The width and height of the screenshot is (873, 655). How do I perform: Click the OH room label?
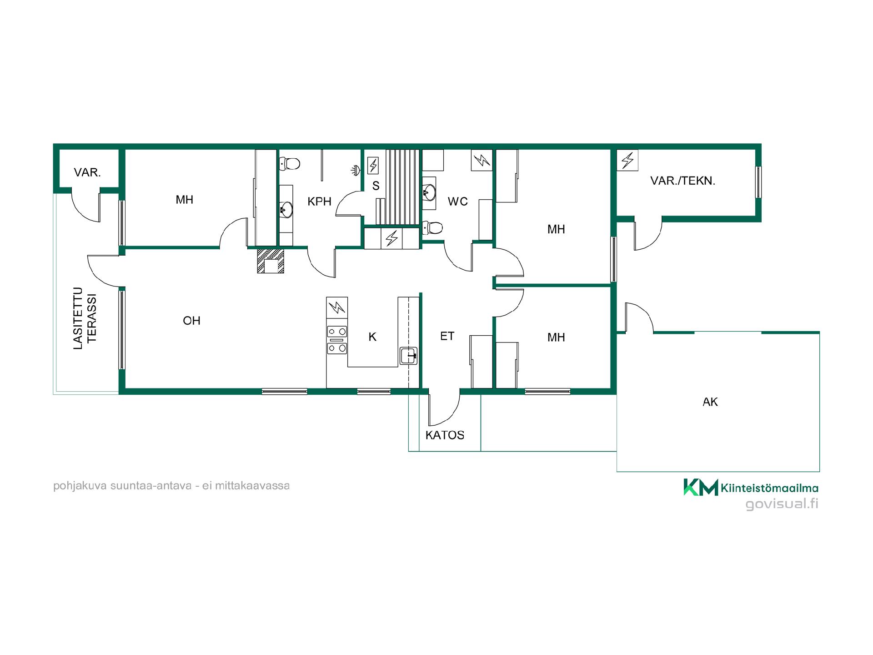(191, 321)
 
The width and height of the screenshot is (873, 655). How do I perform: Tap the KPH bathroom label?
(319, 202)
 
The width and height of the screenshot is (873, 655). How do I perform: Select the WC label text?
(457, 202)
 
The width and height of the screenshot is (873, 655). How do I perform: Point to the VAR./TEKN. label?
(682, 181)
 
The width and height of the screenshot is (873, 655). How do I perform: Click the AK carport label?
(710, 402)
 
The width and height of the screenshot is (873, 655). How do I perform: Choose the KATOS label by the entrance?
(445, 435)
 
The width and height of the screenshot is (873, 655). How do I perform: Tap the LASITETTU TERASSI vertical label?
(85, 318)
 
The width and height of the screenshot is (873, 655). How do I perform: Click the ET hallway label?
(447, 336)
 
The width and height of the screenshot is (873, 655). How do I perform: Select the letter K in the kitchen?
(372, 337)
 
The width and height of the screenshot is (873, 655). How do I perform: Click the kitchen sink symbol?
(408, 355)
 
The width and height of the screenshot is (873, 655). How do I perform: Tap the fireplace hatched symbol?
(271, 261)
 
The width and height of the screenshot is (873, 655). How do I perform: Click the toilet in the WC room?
(432, 227)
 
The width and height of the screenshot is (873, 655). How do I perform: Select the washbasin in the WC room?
(429, 192)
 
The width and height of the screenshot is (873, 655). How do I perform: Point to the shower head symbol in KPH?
(356, 170)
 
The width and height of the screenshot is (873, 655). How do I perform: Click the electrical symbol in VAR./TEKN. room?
(627, 160)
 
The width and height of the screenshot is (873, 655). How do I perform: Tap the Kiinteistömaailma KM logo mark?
(701, 487)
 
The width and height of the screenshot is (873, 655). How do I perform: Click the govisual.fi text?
(782, 504)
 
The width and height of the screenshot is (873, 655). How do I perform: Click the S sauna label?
(376, 186)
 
